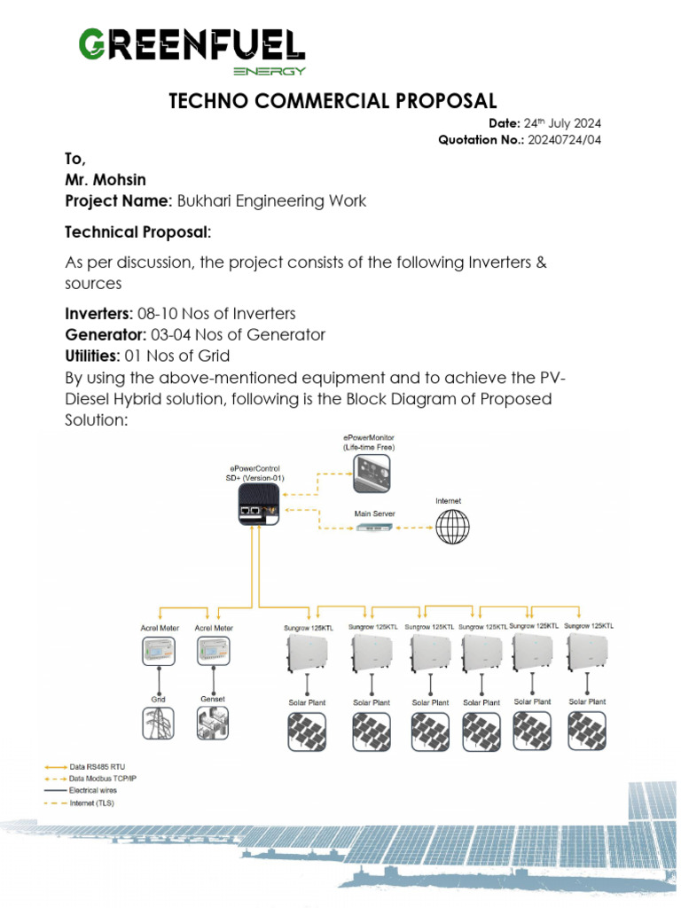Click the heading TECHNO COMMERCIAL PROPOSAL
(333, 100)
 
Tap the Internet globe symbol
(452, 527)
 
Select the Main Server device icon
(376, 528)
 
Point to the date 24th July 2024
(567, 123)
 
